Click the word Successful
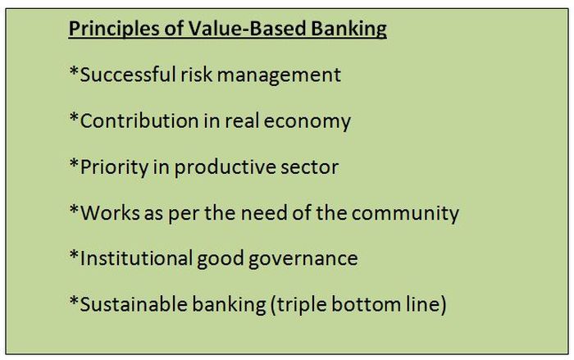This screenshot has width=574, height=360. tap(128, 75)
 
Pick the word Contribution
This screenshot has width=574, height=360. tap(139, 121)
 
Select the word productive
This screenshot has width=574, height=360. tap(225, 168)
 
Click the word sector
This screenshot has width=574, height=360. tap(309, 168)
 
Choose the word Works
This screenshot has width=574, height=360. tap(110, 212)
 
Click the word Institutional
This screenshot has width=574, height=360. tap(136, 257)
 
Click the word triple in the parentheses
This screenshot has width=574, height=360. tap(301, 305)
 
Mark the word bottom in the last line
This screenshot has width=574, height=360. tap(366, 305)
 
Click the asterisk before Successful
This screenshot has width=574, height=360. tap(75, 71)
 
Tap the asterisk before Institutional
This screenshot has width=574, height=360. tap(75, 255)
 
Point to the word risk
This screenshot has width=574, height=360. tap(197, 75)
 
